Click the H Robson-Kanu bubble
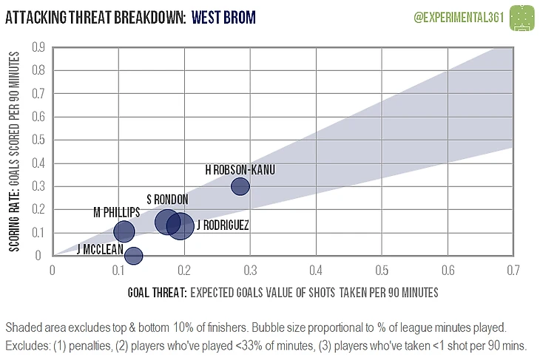tap(240, 186)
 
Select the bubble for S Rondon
tap(168, 221)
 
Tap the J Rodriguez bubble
tap(180, 226)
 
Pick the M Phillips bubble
tap(124, 231)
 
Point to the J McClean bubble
tap(133, 256)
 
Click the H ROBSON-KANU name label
tap(240, 170)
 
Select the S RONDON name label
tap(167, 199)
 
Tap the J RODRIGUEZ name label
tap(223, 225)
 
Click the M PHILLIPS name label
tap(116, 213)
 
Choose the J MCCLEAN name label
tap(100, 249)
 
